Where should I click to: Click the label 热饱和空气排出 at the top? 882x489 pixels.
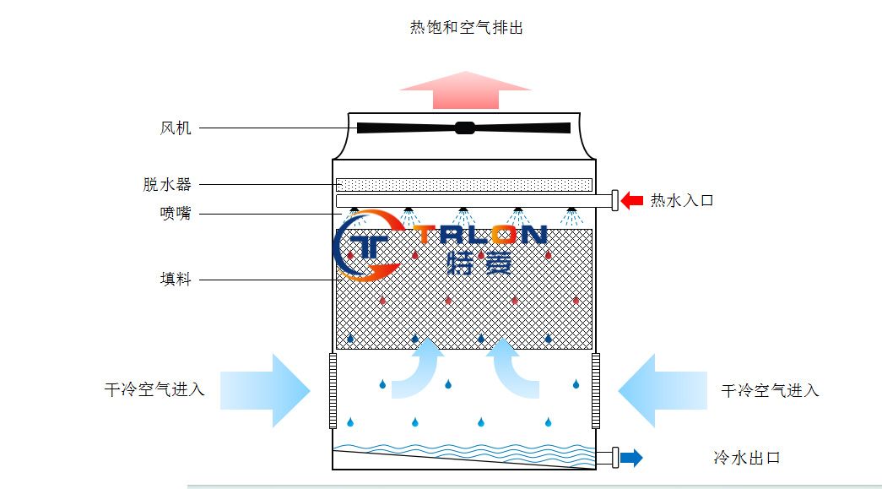tap(467, 28)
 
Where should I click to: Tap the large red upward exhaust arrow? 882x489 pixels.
tap(465, 90)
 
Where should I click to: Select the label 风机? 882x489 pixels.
tap(176, 128)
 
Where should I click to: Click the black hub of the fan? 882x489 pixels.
tap(463, 128)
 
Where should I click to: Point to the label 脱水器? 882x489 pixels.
tap(167, 184)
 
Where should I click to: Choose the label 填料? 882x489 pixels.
tap(176, 279)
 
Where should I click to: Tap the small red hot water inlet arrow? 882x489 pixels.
tap(631, 201)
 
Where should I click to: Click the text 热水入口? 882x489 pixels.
tap(682, 201)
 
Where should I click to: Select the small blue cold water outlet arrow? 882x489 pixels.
tap(631, 459)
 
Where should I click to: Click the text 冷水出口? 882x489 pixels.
tap(746, 459)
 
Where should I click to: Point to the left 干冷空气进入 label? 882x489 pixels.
tap(154, 390)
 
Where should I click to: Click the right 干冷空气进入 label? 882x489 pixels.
tap(770, 390)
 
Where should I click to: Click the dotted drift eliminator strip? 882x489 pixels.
tap(463, 185)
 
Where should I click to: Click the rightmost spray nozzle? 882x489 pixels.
tap(571, 210)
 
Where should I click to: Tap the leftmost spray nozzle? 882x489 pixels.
tap(355, 210)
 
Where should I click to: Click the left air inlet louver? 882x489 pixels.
tap(332, 390)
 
